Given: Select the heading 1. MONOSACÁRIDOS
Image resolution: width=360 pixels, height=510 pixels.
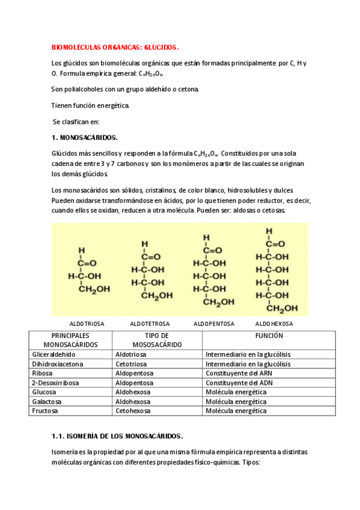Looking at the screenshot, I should (x=85, y=137).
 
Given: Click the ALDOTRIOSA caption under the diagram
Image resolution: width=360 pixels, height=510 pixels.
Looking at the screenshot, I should (x=87, y=324).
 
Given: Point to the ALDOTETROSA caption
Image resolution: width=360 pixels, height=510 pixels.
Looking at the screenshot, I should (x=150, y=324).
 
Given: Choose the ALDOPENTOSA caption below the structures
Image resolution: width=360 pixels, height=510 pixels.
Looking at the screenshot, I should (x=214, y=324).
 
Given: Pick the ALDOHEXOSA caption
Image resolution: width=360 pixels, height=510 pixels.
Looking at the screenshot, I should (x=274, y=324).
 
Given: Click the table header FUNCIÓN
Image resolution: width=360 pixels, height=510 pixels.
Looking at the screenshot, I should (x=269, y=336).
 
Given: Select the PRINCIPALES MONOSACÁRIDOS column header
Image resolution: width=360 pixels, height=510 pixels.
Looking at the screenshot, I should (x=70, y=340).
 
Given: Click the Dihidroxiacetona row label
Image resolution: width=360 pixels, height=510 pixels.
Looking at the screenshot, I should (x=58, y=364).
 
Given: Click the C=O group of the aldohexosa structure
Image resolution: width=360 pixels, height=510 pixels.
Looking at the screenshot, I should (x=276, y=244).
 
